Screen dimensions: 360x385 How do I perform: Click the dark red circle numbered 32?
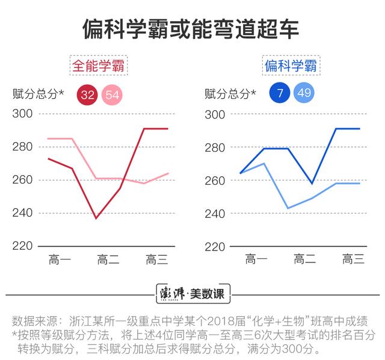(88, 94)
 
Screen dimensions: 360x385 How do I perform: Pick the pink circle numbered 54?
(112, 94)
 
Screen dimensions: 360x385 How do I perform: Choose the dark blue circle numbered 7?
(280, 93)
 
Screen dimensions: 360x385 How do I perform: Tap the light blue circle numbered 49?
(304, 93)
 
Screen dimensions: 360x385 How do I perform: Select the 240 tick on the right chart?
(215, 213)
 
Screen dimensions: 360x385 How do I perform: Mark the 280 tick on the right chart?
(215, 147)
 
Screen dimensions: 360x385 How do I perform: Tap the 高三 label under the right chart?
(354, 260)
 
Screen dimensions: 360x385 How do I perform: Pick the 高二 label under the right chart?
(305, 260)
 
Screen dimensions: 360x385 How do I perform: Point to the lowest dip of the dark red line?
(96, 218)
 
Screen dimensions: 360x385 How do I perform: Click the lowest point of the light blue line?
(288, 208)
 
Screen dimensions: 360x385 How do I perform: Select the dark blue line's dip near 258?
(312, 183)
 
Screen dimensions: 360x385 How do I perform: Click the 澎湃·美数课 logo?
(192, 294)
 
